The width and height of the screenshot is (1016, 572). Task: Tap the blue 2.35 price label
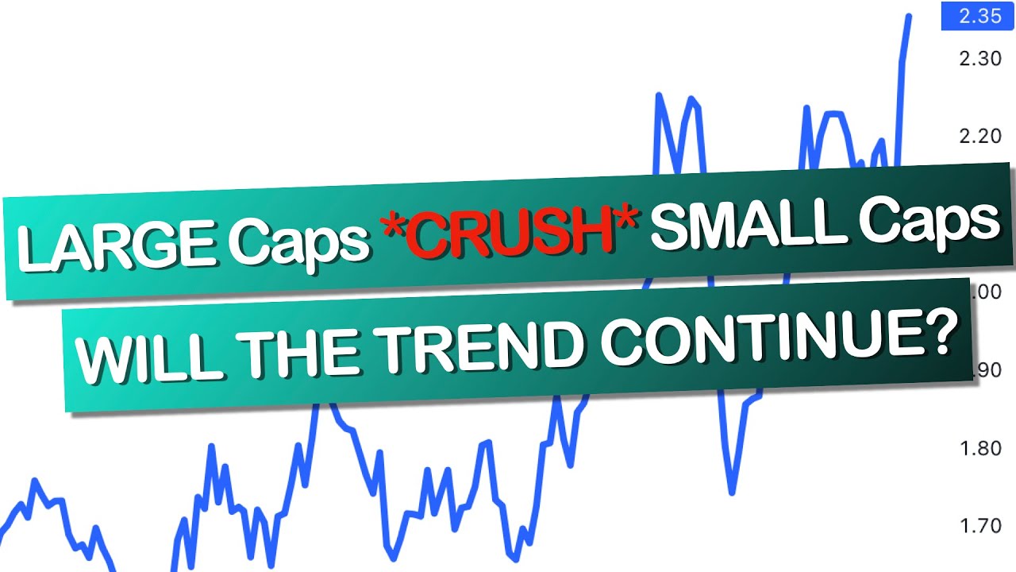[979, 17]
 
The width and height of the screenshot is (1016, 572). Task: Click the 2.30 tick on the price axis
[979, 58]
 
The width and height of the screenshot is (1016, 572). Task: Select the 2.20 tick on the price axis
[979, 136]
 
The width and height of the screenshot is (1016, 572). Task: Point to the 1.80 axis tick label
[979, 449]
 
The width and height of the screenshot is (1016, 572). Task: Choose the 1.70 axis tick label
[979, 526]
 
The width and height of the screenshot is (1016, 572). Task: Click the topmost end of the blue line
[909, 16]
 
